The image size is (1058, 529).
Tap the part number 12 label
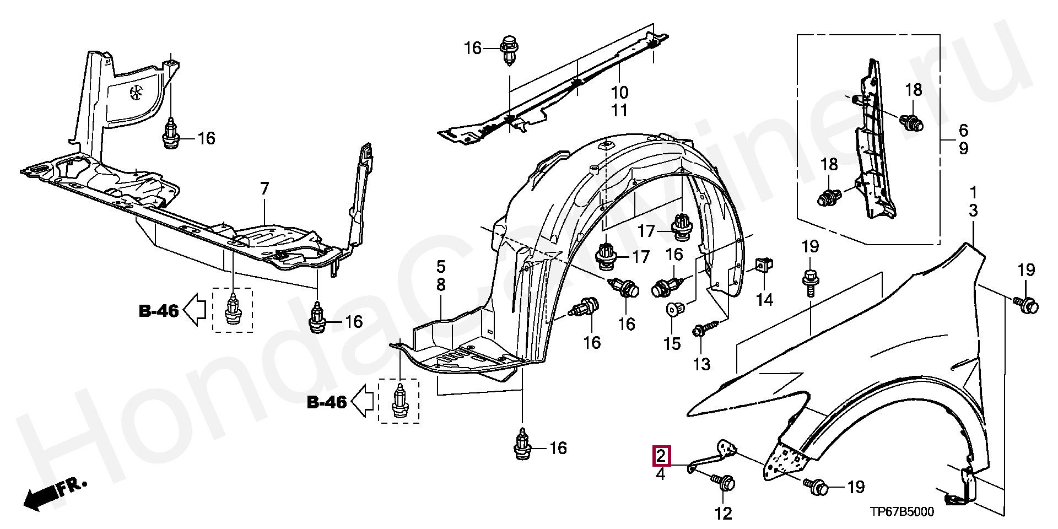[724, 514]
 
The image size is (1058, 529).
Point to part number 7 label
[264, 190]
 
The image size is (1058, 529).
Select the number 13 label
[701, 364]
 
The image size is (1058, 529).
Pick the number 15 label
[672, 344]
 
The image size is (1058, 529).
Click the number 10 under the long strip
[619, 92]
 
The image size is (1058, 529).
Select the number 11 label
[619, 110]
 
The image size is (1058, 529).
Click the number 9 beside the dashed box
[963, 148]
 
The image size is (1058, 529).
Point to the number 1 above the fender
[973, 192]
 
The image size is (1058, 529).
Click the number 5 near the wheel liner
[441, 267]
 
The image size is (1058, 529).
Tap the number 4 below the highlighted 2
[661, 473]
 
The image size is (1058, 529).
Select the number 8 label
[441, 285]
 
